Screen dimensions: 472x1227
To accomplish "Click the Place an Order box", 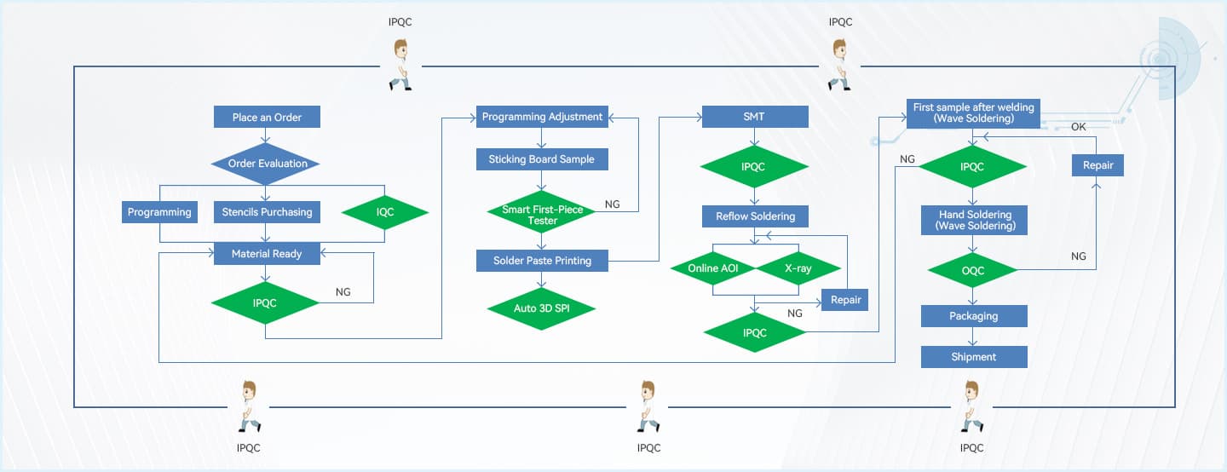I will [x=267, y=117].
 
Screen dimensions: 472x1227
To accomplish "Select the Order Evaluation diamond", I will [x=267, y=164].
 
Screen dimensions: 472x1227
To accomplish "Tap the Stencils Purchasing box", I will [x=267, y=212].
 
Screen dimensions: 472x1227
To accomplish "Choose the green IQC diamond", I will [x=385, y=212].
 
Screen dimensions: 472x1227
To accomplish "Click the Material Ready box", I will [x=267, y=253].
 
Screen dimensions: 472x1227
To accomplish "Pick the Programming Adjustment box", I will [x=542, y=117].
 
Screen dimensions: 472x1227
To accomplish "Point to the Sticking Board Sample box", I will [x=542, y=159].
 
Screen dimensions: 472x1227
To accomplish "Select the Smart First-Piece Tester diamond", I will [x=542, y=215].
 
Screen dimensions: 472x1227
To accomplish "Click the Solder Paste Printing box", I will [x=542, y=261].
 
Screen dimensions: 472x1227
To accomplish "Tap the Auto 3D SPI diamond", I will [x=542, y=308].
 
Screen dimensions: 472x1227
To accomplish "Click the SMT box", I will [x=755, y=117].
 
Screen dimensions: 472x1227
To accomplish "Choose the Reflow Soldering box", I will [x=755, y=216].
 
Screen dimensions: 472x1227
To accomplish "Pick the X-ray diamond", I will [x=798, y=268].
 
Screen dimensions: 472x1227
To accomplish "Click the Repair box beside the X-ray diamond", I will [x=844, y=299].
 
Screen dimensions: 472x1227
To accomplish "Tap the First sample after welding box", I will [x=973, y=113].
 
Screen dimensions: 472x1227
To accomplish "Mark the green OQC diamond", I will [x=972, y=271].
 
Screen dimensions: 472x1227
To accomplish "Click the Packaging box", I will [x=974, y=316].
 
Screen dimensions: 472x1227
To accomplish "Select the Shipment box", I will [x=974, y=357].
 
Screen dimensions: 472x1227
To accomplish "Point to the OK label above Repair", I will [x=1079, y=126].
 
